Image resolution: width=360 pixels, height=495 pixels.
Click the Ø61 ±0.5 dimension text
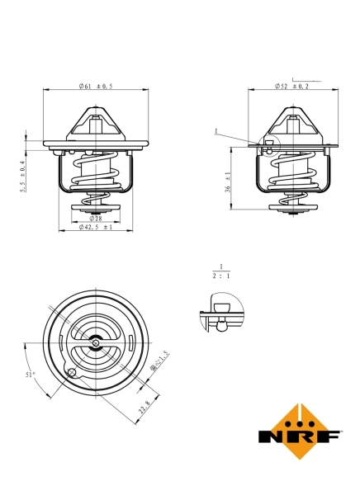[96, 86]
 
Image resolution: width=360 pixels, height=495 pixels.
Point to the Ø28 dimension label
[96, 218]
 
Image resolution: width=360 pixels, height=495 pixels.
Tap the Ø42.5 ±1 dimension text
[96, 227]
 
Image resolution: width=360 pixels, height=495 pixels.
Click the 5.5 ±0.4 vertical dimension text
[24, 177]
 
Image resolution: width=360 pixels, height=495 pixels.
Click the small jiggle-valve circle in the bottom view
[73, 373]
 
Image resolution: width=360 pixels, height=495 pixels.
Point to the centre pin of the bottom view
[96, 343]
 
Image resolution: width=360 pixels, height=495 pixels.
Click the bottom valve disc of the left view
[96, 207]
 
